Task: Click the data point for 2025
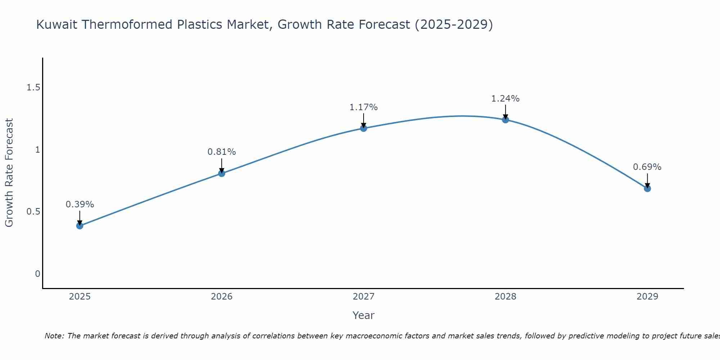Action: [x=80, y=226]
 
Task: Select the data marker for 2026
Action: [x=221, y=174]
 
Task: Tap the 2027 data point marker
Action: [x=364, y=128]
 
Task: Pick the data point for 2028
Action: [x=505, y=120]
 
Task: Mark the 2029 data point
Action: [x=647, y=188]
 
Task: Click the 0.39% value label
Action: [x=80, y=204]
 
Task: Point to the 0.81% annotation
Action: [x=221, y=152]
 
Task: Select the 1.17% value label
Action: [x=364, y=107]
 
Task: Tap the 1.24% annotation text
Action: [x=505, y=99]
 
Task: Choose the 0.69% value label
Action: [x=647, y=167]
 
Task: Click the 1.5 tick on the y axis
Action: [x=33, y=87]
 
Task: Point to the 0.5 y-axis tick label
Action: [x=33, y=212]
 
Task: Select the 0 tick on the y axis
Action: [x=37, y=274]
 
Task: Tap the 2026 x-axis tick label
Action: [x=221, y=297]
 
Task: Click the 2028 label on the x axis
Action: [x=505, y=297]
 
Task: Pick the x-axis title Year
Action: [x=364, y=315]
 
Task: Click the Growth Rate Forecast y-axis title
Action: [x=9, y=173]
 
